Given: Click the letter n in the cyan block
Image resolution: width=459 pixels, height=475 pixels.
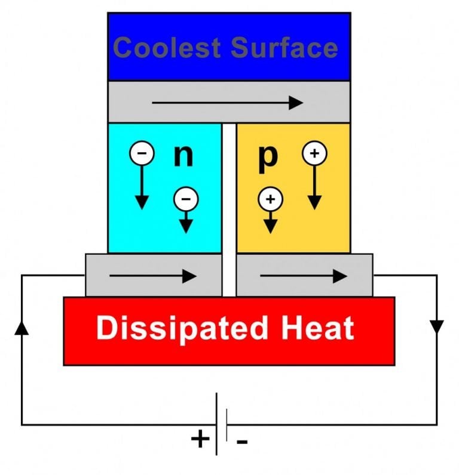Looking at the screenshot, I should [x=183, y=155].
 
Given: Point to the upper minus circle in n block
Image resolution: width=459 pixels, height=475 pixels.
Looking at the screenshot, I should [x=142, y=153].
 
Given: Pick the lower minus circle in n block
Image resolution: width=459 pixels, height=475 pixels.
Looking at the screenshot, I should [x=186, y=199].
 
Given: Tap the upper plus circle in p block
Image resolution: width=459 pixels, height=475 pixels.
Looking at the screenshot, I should [x=315, y=153].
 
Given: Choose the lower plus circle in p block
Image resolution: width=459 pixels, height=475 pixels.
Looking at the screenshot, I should [x=270, y=199].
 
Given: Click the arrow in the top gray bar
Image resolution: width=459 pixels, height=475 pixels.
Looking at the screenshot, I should [x=228, y=103].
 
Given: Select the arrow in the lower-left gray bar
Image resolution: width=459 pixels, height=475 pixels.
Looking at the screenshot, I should [x=153, y=276].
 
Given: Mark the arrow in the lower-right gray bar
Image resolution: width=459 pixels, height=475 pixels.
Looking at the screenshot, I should [x=304, y=276].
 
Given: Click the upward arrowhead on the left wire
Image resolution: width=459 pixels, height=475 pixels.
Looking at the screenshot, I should [x=22, y=327].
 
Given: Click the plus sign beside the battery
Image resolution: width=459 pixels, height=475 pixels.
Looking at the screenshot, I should [x=200, y=440].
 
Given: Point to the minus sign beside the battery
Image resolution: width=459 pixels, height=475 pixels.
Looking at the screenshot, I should [x=242, y=442].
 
